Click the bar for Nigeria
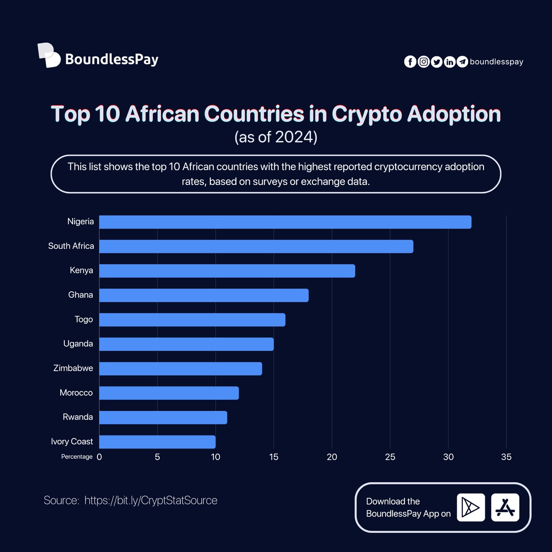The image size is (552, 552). click(285, 222)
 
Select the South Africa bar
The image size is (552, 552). click(256, 246)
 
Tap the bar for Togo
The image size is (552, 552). click(192, 320)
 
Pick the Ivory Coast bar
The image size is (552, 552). click(157, 442)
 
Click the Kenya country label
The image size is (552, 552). click(81, 270)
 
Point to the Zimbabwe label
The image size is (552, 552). click(73, 368)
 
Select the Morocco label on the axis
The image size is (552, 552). click(76, 393)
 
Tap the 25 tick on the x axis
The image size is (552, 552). click(390, 457)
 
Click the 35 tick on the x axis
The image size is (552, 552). click(506, 457)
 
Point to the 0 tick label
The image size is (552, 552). click(99, 457)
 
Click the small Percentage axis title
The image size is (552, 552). click(77, 457)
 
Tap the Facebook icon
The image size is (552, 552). click(410, 62)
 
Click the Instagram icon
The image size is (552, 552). click(423, 62)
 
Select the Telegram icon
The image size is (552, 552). click(462, 62)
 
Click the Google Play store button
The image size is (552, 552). click(471, 507)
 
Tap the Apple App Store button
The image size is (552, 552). click(505, 507)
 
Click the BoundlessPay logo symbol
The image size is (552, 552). click(49, 55)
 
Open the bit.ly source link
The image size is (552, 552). click(151, 500)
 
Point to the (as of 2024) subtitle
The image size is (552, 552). click(276, 137)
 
